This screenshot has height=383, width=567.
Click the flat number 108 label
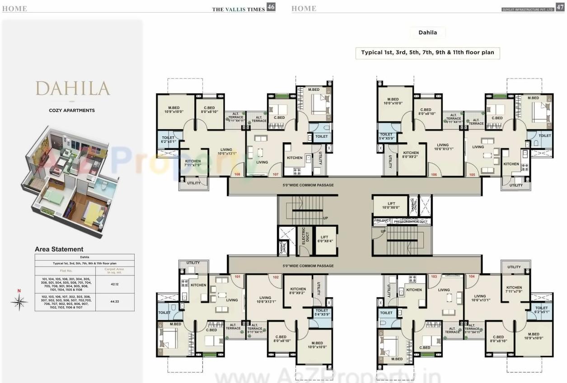237,174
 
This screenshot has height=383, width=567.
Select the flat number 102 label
275,277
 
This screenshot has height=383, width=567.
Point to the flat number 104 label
472,276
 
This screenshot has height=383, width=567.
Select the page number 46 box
271,7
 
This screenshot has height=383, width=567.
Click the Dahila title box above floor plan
427,33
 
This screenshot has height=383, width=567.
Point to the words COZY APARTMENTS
72,110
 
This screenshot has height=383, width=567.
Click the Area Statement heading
59,249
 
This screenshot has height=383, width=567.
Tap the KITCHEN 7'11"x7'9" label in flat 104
514,290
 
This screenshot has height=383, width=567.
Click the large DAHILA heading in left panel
73,88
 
